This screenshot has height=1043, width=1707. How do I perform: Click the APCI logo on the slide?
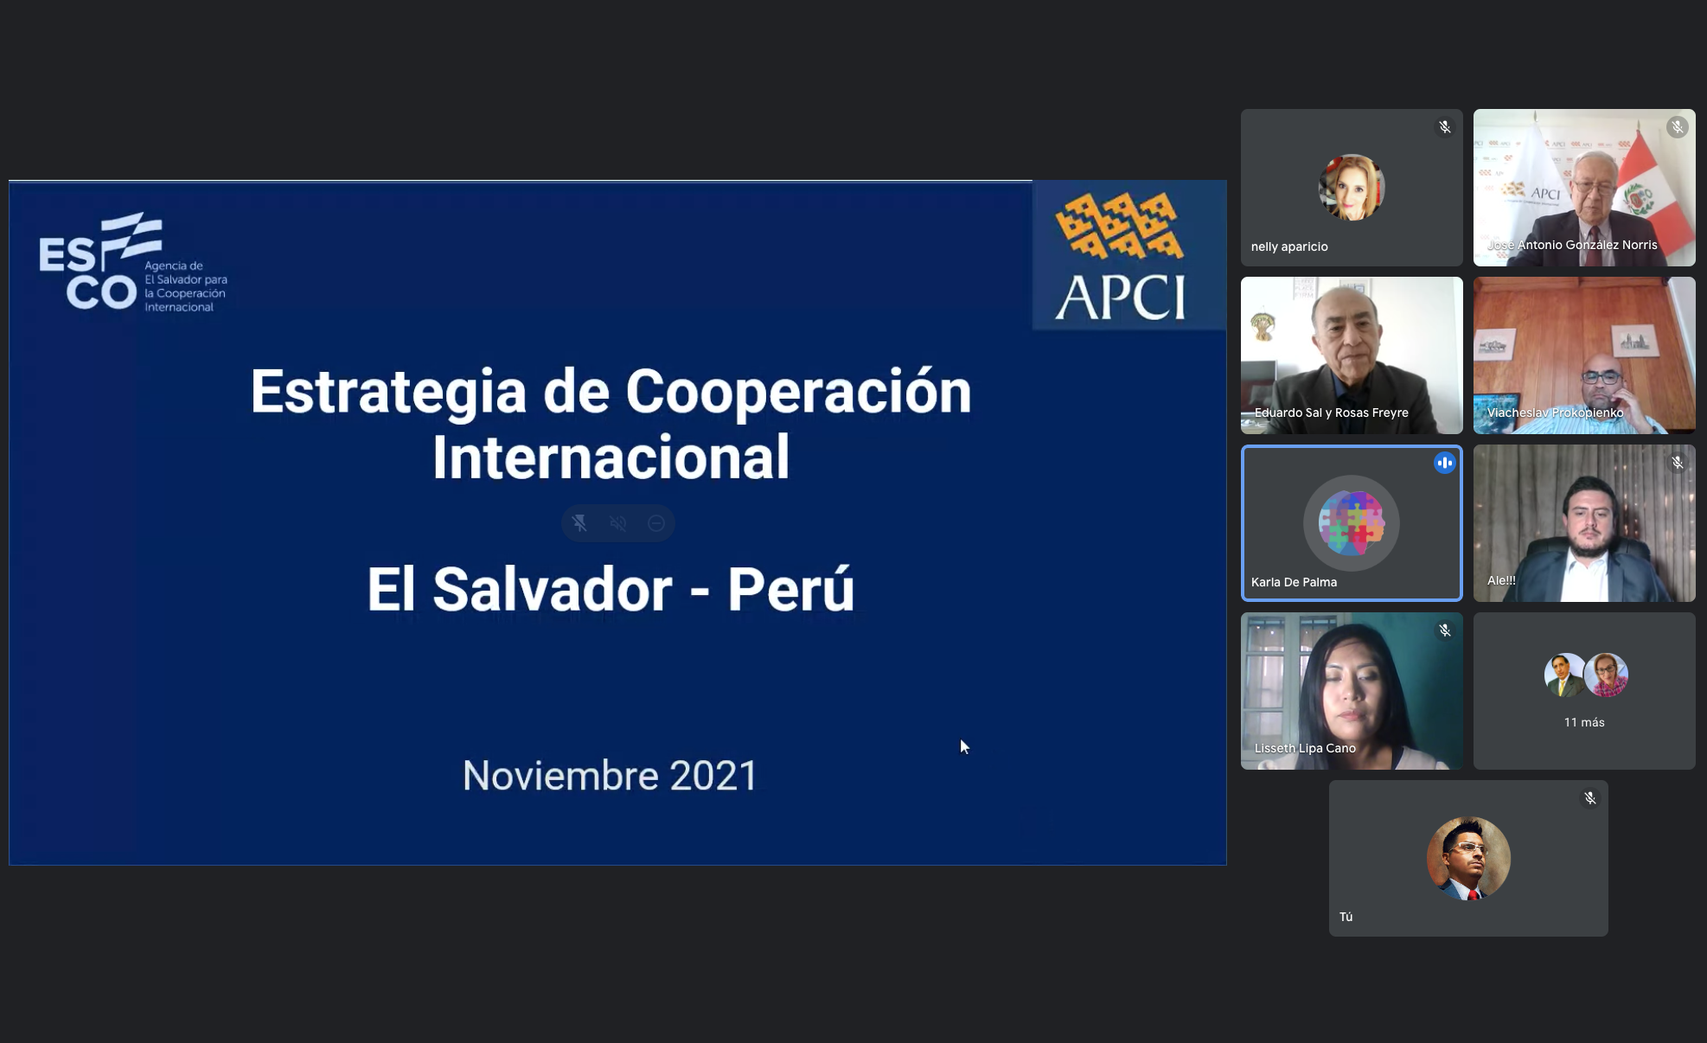(1121, 256)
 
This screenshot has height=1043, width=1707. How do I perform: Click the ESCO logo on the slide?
(133, 263)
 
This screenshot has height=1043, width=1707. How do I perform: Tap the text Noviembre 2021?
(610, 776)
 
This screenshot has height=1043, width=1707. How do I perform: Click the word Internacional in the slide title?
(611, 458)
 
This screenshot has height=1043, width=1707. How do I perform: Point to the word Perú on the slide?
(791, 589)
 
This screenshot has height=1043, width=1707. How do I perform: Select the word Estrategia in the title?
(388, 392)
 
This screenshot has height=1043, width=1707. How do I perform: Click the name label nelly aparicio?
(1289, 246)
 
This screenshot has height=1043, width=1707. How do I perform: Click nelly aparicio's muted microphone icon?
(1445, 127)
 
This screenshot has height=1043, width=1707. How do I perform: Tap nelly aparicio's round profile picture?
(1352, 188)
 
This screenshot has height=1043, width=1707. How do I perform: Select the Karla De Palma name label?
(1294, 582)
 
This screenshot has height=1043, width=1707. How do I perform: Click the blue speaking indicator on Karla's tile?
(1445, 463)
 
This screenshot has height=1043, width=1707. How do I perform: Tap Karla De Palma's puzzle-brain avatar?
(1352, 523)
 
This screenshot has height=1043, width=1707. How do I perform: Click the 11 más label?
(1584, 722)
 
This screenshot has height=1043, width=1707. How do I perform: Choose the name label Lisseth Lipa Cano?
(1305, 748)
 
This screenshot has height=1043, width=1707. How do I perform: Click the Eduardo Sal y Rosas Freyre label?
(1332, 413)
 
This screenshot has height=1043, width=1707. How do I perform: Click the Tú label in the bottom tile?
(1346, 917)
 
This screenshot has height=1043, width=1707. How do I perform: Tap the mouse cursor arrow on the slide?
(964, 746)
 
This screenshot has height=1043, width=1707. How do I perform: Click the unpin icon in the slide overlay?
(579, 523)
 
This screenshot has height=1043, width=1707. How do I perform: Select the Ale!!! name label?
(1501, 580)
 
